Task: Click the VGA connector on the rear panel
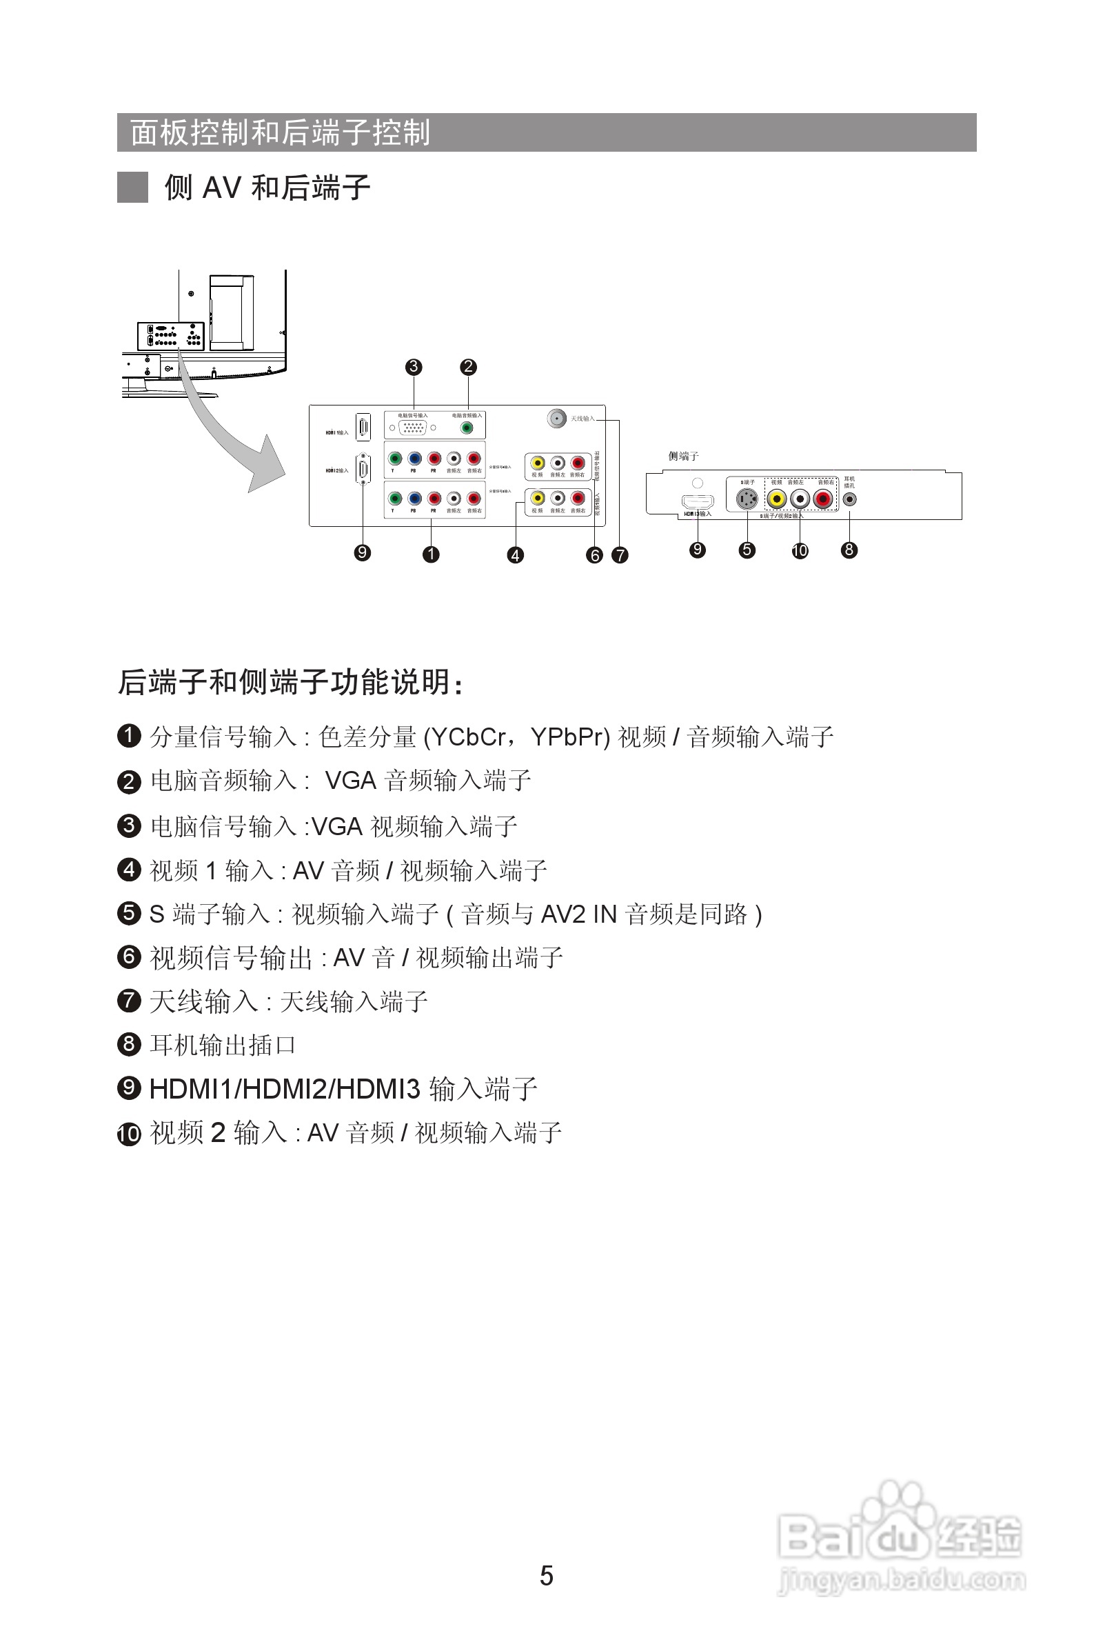click(412, 428)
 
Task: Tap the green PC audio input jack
click(467, 428)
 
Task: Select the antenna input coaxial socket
click(556, 418)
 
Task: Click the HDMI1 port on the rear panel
click(363, 427)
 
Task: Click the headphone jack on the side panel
click(849, 499)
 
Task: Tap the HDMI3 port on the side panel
click(697, 502)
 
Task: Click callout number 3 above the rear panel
click(414, 367)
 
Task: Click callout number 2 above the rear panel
click(468, 367)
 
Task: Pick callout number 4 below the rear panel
click(515, 555)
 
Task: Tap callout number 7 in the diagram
click(620, 555)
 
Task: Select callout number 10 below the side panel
click(800, 550)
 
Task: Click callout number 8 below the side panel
click(849, 550)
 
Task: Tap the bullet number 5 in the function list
click(129, 914)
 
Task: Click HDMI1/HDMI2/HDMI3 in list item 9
click(285, 1090)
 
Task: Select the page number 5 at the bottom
click(546, 1576)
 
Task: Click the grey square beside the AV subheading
click(132, 187)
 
